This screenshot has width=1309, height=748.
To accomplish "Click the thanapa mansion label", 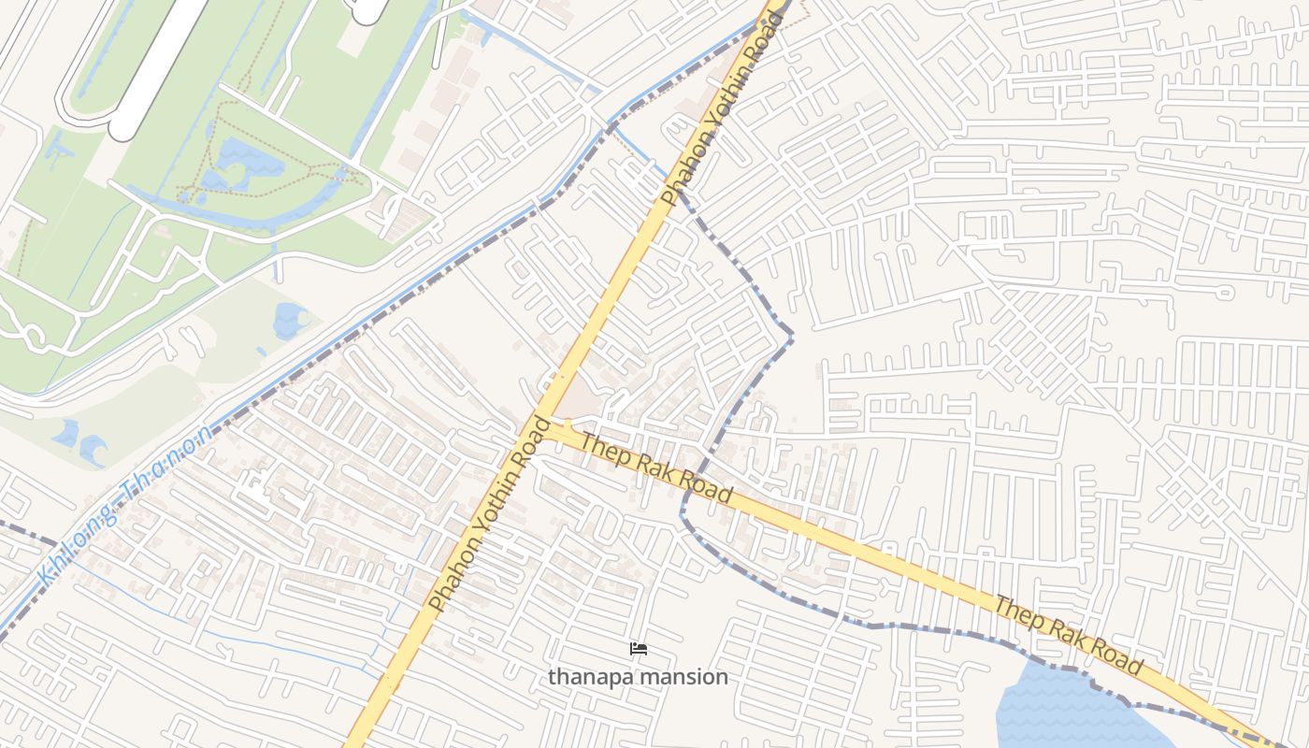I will pyautogui.click(x=638, y=676).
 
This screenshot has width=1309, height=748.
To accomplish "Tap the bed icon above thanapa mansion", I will pyautogui.click(x=638, y=648).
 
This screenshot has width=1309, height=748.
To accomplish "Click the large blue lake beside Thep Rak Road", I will pyautogui.click(x=1066, y=711).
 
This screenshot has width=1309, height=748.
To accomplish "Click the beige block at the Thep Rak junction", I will pyautogui.click(x=582, y=400).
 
